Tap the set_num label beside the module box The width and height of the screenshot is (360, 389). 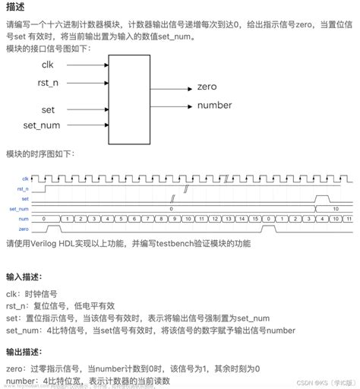pos(43,124)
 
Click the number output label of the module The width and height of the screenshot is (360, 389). pos(214,105)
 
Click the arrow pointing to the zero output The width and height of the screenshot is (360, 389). pos(174,88)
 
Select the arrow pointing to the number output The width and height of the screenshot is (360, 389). pos(174,105)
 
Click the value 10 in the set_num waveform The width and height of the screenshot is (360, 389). pos(335,207)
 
